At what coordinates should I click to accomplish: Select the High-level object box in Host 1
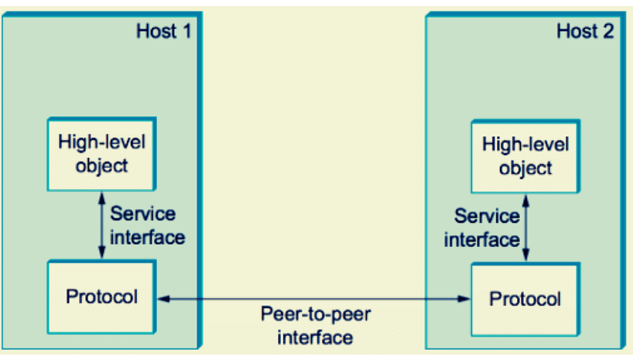pyautogui.click(x=99, y=153)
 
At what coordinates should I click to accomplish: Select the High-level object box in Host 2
pyautogui.click(x=525, y=156)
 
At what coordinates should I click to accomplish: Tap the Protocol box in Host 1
pyautogui.click(x=101, y=297)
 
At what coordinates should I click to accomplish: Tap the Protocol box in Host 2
pyautogui.click(x=525, y=299)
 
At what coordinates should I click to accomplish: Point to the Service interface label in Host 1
pyautogui.click(x=147, y=225)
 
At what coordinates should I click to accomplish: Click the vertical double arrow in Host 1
pyautogui.click(x=101, y=225)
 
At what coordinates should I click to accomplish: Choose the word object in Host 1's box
pyautogui.click(x=99, y=166)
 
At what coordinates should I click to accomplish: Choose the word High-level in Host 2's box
pyautogui.click(x=525, y=145)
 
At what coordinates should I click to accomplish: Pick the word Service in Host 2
pyautogui.click(x=486, y=216)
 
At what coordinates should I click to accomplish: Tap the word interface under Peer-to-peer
pyautogui.click(x=315, y=338)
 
